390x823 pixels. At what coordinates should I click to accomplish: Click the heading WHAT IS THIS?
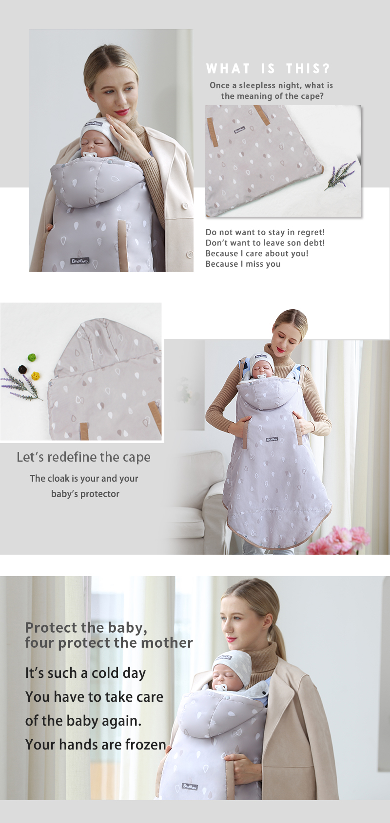[268, 68]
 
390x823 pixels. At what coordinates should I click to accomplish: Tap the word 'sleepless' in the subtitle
[257, 85]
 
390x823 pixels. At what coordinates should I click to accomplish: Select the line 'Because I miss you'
[243, 264]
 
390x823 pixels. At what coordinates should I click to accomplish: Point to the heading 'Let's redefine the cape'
[83, 457]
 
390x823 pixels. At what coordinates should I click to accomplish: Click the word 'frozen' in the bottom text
[146, 745]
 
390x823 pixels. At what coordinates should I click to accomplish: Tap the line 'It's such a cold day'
[85, 673]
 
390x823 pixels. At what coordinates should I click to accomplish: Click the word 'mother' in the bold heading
[167, 643]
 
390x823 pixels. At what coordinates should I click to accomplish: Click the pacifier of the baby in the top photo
[88, 156]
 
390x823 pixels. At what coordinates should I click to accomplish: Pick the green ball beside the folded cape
[32, 357]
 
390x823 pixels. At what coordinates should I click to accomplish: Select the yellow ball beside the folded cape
[35, 376]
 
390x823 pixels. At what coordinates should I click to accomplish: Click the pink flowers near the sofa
[338, 540]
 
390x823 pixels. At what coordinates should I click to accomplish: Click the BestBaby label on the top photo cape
[80, 261]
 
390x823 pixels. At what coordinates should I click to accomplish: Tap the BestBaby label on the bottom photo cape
[190, 786]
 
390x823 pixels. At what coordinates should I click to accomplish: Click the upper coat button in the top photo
[185, 206]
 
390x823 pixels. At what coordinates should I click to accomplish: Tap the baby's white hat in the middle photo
[262, 361]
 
